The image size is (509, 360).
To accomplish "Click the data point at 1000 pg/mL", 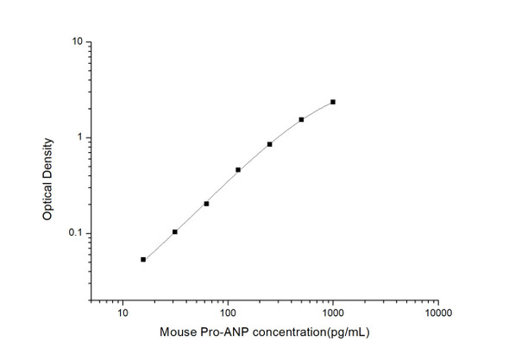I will point(333,102).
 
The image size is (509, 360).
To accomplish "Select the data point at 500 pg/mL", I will point(301,120).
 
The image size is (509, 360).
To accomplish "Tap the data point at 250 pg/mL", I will point(270,144).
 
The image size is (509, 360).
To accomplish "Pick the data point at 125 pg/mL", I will point(238,170).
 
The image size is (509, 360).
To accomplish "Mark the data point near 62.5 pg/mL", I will point(206,204).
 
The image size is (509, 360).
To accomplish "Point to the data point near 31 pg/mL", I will point(175,231).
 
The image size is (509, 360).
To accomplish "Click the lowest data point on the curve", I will point(143,259).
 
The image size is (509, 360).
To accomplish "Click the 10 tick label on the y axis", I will point(77,41).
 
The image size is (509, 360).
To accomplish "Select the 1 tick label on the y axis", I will point(79,138).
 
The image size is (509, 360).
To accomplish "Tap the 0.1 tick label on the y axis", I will point(76,234).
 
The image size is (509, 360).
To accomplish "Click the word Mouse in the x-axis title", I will point(178,332).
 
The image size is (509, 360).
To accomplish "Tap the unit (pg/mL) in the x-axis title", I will point(348,332).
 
